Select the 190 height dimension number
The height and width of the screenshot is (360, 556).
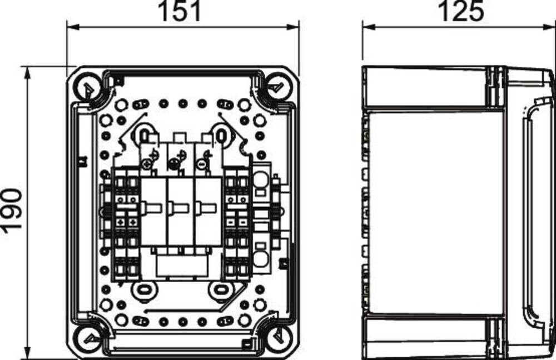click(x=12, y=210)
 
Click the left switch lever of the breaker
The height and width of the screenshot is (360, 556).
click(x=153, y=208)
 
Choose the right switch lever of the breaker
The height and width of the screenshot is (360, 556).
click(x=207, y=208)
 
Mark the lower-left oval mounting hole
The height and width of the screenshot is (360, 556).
click(x=142, y=289)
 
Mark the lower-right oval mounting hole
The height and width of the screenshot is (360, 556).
click(x=221, y=289)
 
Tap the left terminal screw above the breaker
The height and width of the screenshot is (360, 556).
click(x=146, y=164)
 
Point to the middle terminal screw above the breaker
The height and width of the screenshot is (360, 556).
click(x=173, y=164)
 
